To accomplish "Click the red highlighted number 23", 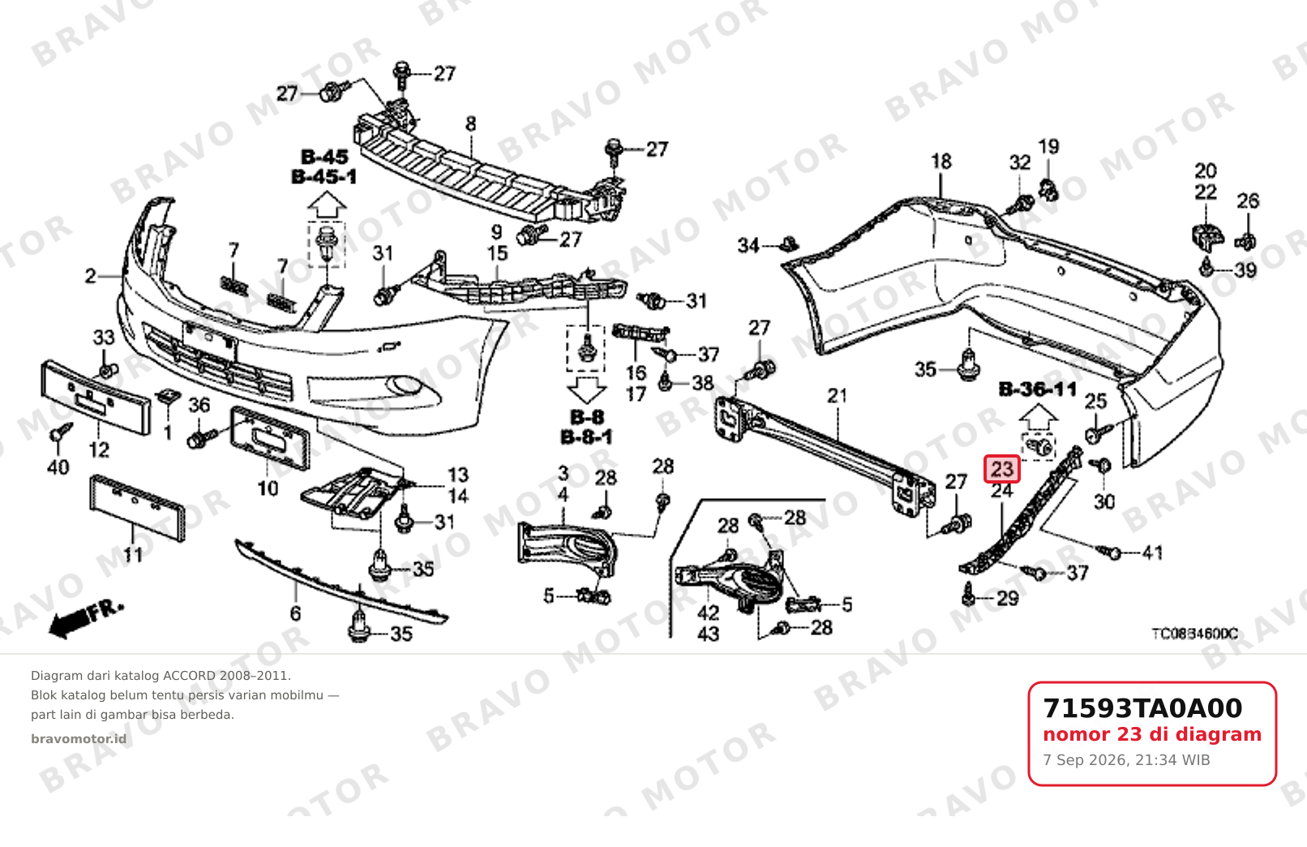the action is (x=1002, y=469).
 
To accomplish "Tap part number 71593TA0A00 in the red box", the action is (x=1142, y=708).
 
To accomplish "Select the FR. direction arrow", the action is (x=87, y=619).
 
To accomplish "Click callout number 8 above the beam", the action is (x=471, y=124).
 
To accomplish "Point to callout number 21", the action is (x=838, y=397).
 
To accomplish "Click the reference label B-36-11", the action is (x=1038, y=389).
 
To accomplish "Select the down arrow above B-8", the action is (x=587, y=389).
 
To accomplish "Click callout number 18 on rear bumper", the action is (x=941, y=161).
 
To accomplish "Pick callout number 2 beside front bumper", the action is (x=91, y=276).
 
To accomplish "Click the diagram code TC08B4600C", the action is (x=1194, y=634).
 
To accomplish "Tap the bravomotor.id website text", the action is (x=79, y=739).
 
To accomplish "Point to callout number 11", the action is (x=132, y=554).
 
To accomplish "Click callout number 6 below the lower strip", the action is (x=295, y=613).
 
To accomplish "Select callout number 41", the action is (x=1152, y=552).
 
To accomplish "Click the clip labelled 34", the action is (x=789, y=244).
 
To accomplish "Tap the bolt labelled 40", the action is (x=61, y=434).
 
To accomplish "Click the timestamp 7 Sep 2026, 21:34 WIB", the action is (x=1126, y=760).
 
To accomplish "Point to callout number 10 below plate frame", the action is (x=268, y=488).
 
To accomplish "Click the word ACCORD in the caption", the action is (x=189, y=676).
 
